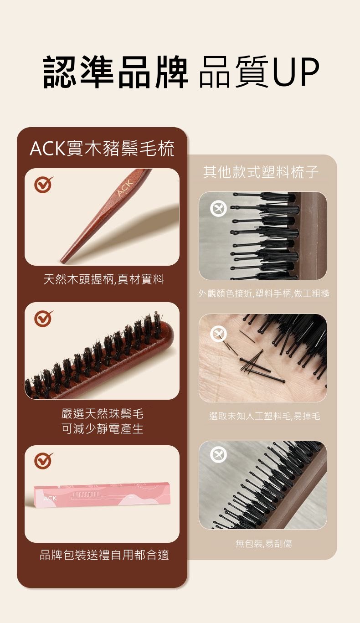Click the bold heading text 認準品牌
click(x=115, y=72)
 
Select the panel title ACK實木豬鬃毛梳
click(x=102, y=148)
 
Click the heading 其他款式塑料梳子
click(x=261, y=172)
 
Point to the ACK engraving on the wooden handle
click(x=125, y=187)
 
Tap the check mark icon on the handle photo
click(x=43, y=184)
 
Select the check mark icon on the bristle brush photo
click(x=43, y=319)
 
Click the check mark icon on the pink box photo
click(x=43, y=461)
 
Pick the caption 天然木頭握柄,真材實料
click(x=103, y=279)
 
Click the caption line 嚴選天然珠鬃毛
click(x=102, y=414)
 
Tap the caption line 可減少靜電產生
click(x=102, y=428)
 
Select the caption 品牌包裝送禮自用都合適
click(x=104, y=555)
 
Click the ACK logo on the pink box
click(x=50, y=498)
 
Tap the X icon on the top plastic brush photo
click(x=218, y=208)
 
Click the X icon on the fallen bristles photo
click(x=218, y=334)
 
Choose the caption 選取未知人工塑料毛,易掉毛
click(x=265, y=416)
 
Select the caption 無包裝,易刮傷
click(x=263, y=543)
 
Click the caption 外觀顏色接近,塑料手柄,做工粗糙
click(x=264, y=293)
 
